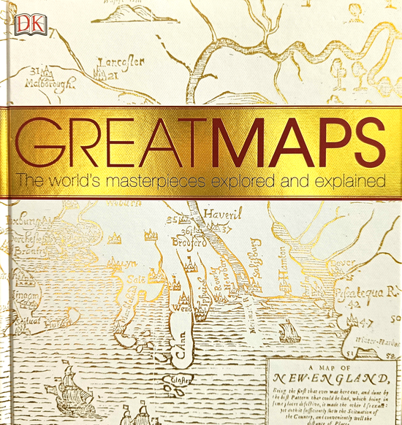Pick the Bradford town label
(x=189, y=242)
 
